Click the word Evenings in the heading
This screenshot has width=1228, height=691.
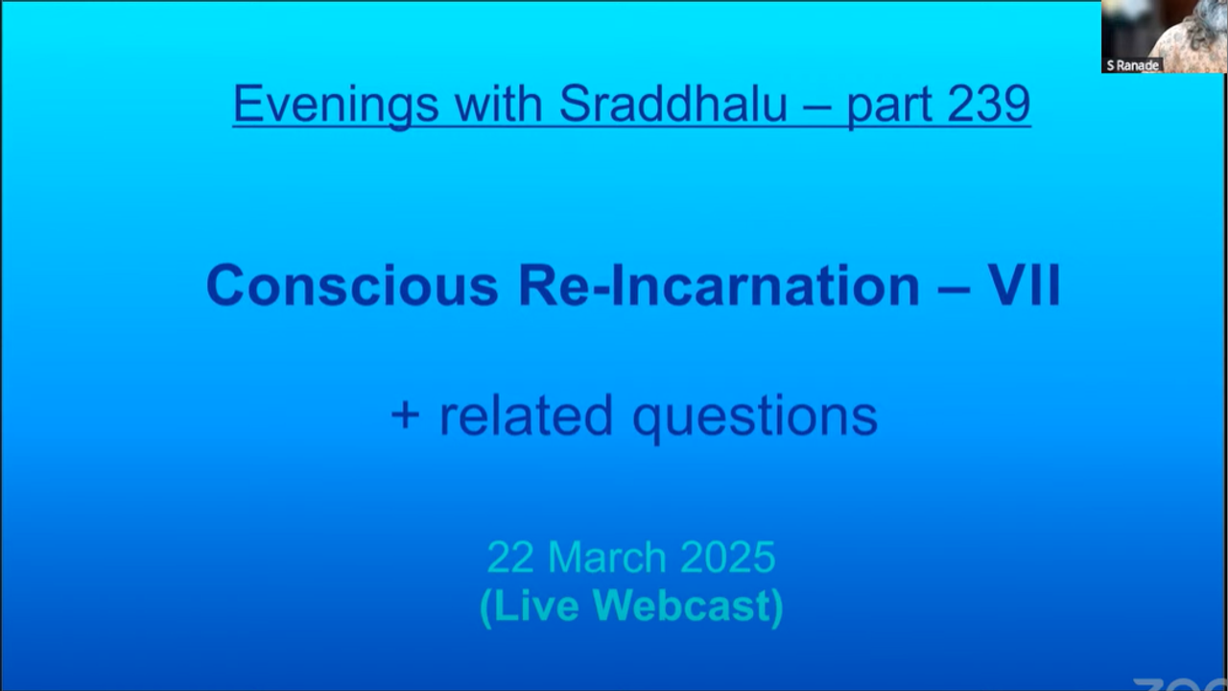(336, 105)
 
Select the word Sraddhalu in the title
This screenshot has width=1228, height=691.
(673, 104)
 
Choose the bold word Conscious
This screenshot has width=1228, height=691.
(352, 286)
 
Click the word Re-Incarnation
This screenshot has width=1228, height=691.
(719, 286)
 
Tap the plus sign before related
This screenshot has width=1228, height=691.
(406, 416)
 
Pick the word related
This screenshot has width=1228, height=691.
(527, 415)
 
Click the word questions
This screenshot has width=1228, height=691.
(755, 418)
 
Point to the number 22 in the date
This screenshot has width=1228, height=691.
(510, 558)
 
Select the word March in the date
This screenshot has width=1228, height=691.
(607, 558)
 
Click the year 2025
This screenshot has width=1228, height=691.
(728, 558)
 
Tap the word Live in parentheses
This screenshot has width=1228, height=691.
(531, 607)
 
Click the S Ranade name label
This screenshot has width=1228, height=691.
(1132, 66)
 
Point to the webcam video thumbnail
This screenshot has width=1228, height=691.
(1165, 36)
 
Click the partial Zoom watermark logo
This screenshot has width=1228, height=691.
(1180, 684)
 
